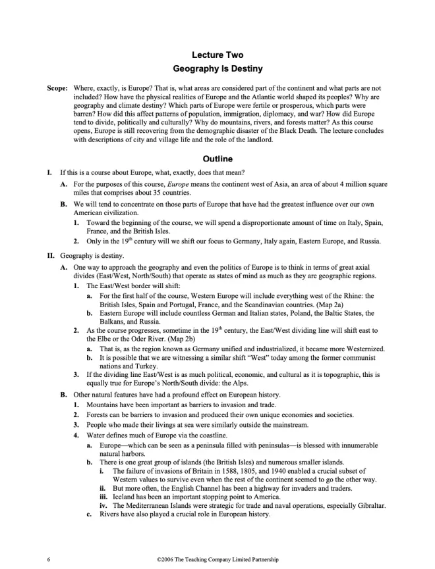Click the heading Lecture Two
pyautogui.click(x=217, y=55)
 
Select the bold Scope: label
pyautogui.click(x=57, y=87)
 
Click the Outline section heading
pyautogui.click(x=217, y=159)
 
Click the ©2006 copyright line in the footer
pyautogui.click(x=217, y=559)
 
